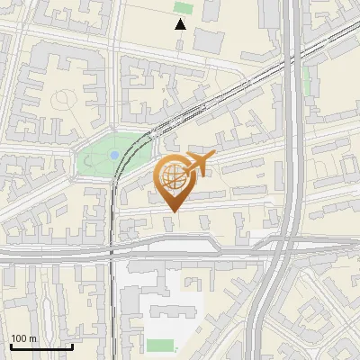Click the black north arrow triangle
tap(181, 23)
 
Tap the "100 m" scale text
tap(23, 338)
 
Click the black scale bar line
tap(41, 346)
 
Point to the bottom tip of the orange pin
tap(173, 211)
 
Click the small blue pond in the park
tap(113, 156)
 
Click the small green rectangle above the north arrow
tap(183, 7)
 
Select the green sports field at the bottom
tap(160, 346)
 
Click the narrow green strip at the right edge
tap(307, 81)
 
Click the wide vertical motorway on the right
tap(291, 135)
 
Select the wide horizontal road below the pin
tap(180, 254)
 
